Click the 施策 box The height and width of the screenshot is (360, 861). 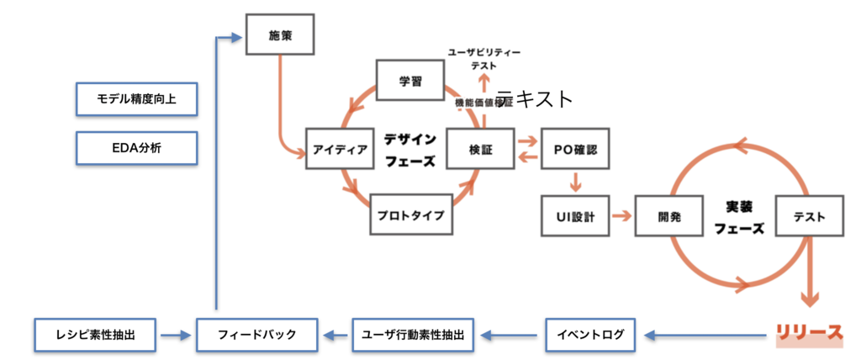point(280,34)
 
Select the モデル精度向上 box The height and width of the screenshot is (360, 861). point(136,99)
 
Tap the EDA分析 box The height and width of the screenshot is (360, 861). point(136,148)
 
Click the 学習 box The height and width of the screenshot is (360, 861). point(409,81)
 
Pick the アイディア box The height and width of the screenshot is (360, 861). point(341,149)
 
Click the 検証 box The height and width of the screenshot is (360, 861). point(480,149)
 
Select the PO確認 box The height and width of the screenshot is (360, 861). point(575,149)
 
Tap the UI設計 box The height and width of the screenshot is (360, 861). point(575,216)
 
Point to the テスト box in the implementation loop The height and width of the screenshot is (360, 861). point(808,216)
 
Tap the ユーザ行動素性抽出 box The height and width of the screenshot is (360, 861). point(412,334)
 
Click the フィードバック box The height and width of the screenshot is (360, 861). point(256,334)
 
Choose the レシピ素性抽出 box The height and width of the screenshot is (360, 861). point(96,334)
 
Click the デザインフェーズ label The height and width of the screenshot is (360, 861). point(409,149)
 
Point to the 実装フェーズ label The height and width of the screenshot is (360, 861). point(742,216)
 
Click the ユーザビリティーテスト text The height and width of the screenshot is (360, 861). point(483,58)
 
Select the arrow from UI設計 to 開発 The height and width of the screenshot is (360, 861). point(621,216)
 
